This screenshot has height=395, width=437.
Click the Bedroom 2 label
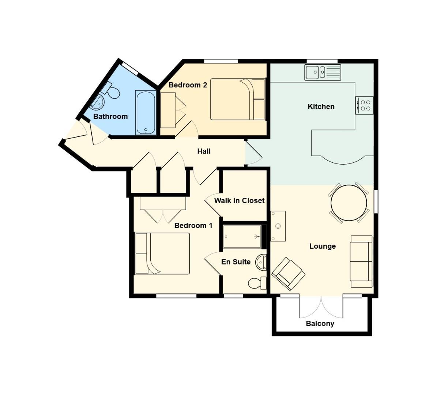click(188, 85)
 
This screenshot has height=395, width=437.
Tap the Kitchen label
click(321, 107)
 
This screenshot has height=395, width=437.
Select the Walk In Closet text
click(239, 200)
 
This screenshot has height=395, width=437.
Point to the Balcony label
click(320, 324)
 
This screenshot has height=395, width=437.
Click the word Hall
click(204, 151)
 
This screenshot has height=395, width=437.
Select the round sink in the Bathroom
click(97, 102)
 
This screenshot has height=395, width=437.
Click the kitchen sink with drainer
click(323, 72)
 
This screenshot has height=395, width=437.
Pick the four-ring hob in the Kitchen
click(365, 105)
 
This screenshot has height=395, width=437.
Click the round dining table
click(349, 203)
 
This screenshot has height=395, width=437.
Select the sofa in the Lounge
click(361, 262)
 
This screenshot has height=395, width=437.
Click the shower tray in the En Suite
click(242, 237)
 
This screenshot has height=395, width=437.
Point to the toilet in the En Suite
click(257, 283)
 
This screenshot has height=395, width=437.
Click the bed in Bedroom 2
click(238, 99)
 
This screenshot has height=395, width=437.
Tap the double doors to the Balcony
click(321, 307)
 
